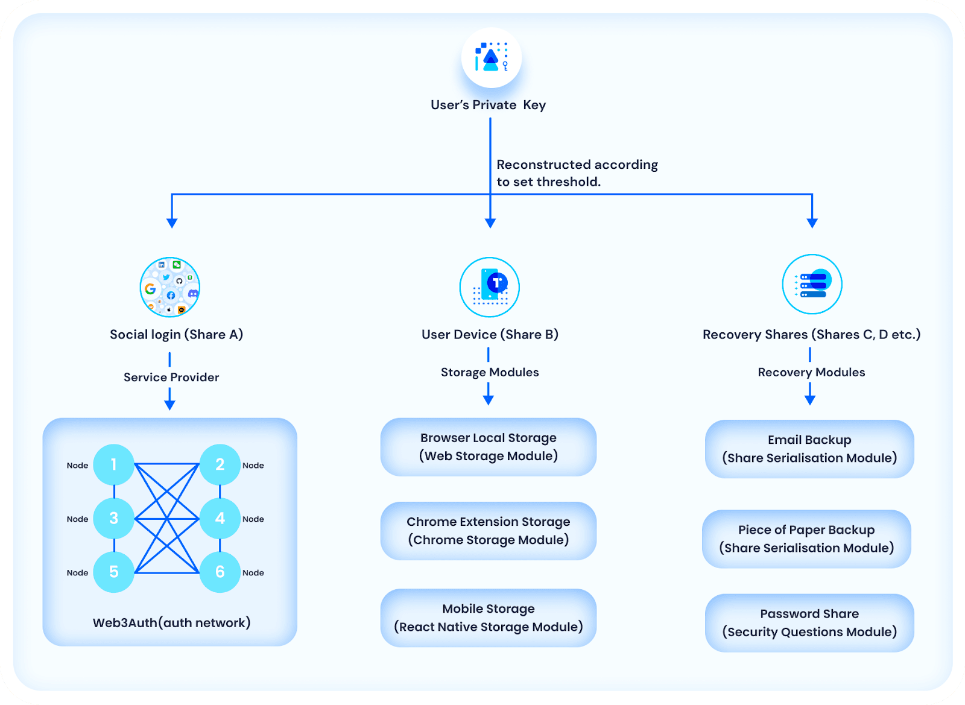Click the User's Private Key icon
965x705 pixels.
(491, 57)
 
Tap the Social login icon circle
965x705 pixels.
(169, 287)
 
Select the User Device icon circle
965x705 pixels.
(489, 287)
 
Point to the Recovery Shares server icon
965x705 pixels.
(812, 284)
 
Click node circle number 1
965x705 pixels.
(114, 465)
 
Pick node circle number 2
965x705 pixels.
(220, 465)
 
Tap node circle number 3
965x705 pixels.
(114, 519)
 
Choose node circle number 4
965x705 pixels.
(220, 519)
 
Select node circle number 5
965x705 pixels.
(114, 572)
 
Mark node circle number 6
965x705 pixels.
(220, 572)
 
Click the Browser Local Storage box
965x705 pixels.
(488, 447)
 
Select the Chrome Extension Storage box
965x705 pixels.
(488, 531)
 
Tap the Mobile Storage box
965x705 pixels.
(488, 618)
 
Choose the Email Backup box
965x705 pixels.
(809, 449)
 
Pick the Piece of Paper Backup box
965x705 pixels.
(806, 539)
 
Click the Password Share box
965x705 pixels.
(809, 623)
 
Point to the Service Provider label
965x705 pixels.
(171, 378)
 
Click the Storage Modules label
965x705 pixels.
(490, 373)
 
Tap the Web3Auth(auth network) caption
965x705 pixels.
(171, 623)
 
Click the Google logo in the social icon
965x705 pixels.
(150, 288)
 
